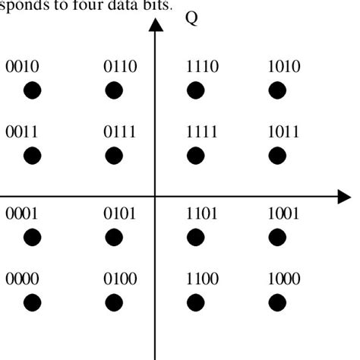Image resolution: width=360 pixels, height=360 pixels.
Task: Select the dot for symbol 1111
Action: (x=196, y=156)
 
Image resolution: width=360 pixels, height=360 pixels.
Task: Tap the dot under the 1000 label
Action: (x=278, y=302)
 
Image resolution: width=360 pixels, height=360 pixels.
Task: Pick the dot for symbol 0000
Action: (x=32, y=302)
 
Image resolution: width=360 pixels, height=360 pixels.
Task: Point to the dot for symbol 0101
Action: (x=114, y=238)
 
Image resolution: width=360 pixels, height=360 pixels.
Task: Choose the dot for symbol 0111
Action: (x=114, y=156)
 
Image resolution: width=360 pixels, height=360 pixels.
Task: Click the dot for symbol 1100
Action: (x=196, y=302)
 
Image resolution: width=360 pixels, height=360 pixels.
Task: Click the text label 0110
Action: (x=120, y=68)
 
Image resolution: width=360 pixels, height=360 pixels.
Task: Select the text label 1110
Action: (x=202, y=68)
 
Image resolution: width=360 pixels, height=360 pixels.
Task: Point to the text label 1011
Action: (x=284, y=132)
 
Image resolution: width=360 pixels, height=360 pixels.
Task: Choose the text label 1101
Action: (x=202, y=215)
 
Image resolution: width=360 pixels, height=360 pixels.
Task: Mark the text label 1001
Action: (x=284, y=215)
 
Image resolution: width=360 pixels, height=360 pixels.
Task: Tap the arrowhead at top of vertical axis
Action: (x=156, y=25)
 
